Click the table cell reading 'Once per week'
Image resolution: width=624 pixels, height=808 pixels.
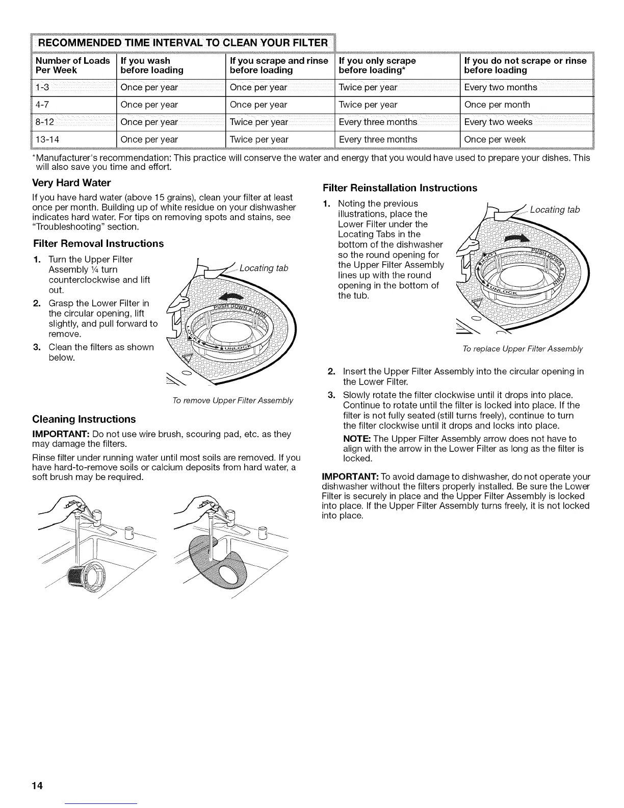point(495,139)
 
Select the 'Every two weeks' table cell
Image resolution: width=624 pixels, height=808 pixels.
point(498,122)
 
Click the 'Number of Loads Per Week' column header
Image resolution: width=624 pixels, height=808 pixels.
point(72,65)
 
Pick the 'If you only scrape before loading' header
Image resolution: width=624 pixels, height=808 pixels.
point(377,65)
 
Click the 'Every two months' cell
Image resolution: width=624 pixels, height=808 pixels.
point(500,87)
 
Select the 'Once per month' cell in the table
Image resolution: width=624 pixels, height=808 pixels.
point(497,105)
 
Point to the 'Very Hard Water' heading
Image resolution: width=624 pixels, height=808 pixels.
point(71,183)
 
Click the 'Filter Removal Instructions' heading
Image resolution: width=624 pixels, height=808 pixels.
point(98,243)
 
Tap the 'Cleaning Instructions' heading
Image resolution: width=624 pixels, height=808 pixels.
point(84,419)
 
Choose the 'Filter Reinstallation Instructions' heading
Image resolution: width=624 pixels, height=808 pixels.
point(399,188)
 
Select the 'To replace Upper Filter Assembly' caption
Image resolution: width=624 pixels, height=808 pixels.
point(522,349)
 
